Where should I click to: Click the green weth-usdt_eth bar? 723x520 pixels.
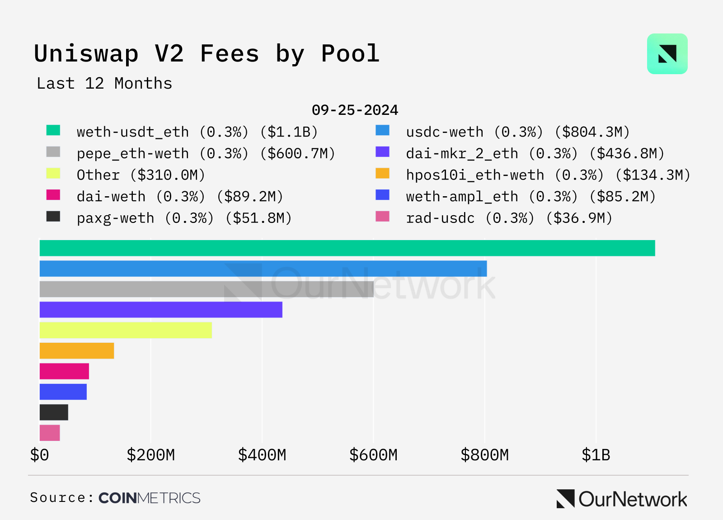[347, 248]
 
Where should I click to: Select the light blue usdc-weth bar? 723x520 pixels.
[263, 269]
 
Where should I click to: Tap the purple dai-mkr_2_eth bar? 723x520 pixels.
[161, 310]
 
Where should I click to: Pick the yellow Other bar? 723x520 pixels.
[126, 330]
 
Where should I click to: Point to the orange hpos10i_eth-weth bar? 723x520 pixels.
[77, 351]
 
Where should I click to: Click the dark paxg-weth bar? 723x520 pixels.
[54, 412]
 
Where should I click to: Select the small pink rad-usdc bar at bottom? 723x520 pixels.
[50, 433]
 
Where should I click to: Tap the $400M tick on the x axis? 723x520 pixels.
[262, 455]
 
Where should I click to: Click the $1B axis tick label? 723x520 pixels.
[596, 455]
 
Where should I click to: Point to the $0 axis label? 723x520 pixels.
[39, 455]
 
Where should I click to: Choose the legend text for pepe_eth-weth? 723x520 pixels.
[206, 154]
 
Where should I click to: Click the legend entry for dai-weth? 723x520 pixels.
[180, 197]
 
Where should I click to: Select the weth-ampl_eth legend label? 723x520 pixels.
[531, 197]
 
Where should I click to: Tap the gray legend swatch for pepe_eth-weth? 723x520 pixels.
[53, 152]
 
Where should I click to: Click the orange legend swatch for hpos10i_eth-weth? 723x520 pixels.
[382, 173]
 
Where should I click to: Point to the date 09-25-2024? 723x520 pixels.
[355, 110]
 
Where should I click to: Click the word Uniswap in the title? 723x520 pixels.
[86, 54]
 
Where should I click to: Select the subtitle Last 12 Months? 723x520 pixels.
[104, 84]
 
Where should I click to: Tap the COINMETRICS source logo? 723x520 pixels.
[149, 498]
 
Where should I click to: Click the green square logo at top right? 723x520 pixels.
[667, 54]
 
